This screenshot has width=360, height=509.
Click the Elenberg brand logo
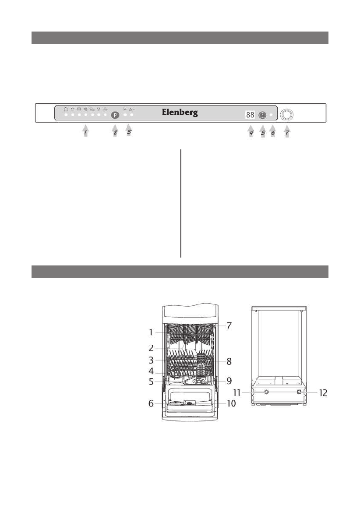180,112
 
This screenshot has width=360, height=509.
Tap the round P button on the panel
115,115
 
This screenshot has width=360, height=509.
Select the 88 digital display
250,115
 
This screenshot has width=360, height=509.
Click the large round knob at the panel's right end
286,115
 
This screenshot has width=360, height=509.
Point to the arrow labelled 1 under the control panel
85,131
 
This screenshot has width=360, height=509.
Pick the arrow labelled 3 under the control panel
129,131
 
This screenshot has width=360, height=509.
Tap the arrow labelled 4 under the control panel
251,131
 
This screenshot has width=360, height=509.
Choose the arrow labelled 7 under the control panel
287,131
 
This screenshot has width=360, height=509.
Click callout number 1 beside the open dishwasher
151,332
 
